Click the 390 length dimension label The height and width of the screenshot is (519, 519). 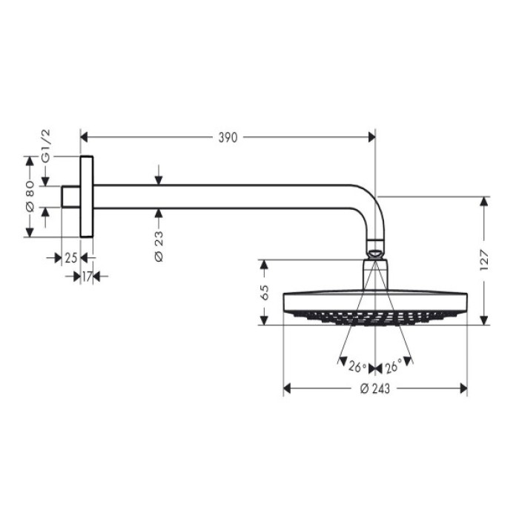tap(228, 137)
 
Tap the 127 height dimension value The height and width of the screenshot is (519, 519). tap(484, 259)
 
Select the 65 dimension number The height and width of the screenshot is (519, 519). tap(264, 291)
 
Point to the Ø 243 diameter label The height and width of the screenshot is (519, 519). tap(375, 389)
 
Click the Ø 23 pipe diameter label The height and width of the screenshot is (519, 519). tap(159, 245)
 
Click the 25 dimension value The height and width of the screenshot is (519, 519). tap(70, 258)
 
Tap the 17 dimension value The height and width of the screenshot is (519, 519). tap(87, 277)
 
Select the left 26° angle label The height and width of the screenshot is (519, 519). tap(358, 367)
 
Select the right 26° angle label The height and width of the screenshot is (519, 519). tap(393, 367)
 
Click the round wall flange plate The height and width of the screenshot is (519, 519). tap(87, 196)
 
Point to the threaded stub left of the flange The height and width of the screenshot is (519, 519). tap(70, 196)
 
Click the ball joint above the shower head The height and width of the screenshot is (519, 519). tap(375, 251)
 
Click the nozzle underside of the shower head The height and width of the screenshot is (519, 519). tap(375, 317)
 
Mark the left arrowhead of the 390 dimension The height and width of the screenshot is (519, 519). tap(85, 137)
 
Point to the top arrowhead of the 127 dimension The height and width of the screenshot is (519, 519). tap(484, 201)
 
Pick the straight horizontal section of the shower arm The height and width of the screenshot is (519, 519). tap(222, 196)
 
